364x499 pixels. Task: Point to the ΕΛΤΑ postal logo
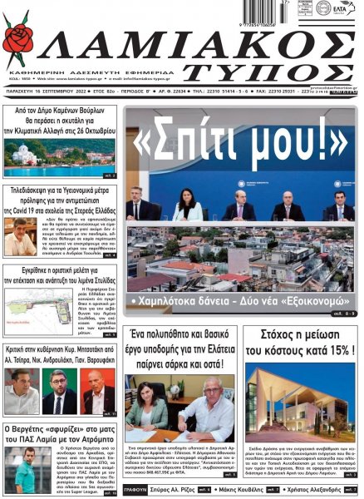pyautogui.click(x=342, y=9)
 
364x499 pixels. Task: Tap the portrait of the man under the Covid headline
pyautogui.click(x=20, y=239)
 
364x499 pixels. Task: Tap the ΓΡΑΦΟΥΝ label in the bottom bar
pyautogui.click(x=138, y=491)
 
